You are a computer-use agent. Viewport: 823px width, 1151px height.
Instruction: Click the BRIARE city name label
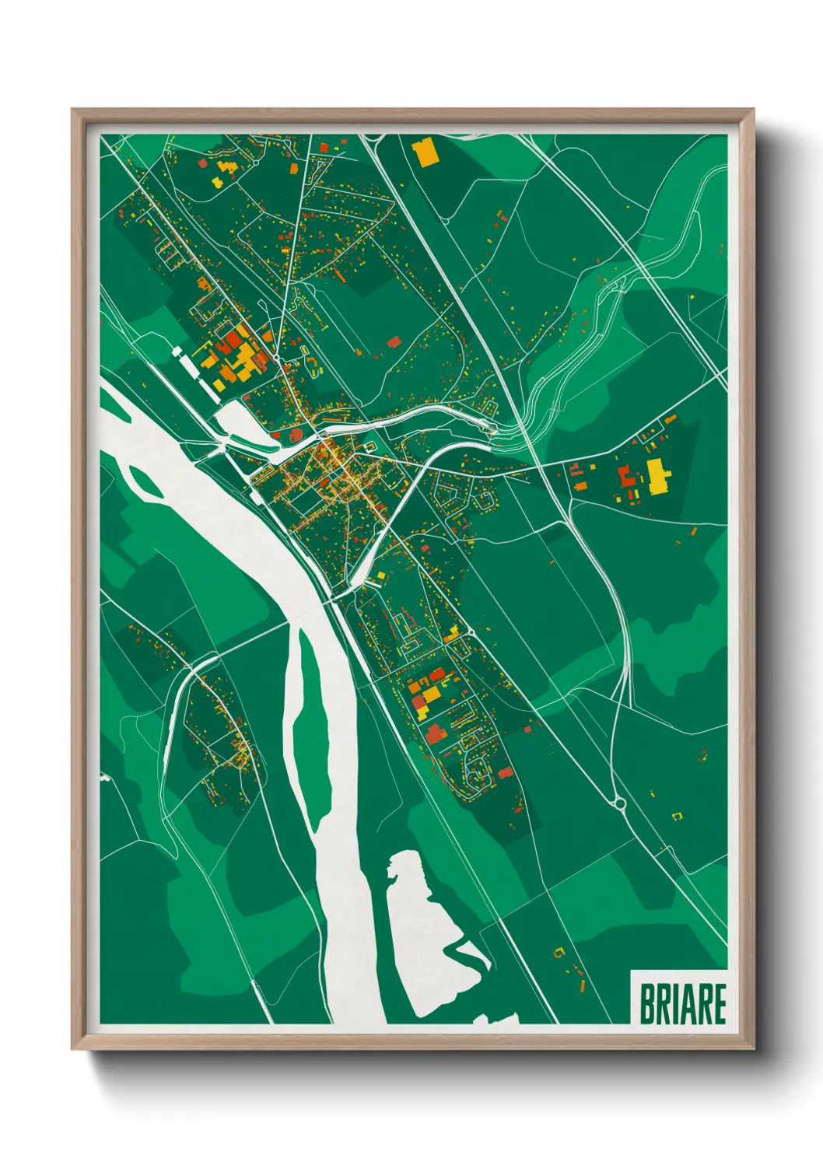click(x=682, y=1003)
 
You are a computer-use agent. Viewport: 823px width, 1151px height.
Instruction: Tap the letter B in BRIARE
click(x=646, y=1003)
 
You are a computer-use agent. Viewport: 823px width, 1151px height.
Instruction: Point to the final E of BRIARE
click(x=719, y=1003)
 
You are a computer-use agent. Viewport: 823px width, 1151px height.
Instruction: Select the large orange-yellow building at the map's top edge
click(x=426, y=152)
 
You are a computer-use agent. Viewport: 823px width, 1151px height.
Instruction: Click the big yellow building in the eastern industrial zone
click(x=658, y=476)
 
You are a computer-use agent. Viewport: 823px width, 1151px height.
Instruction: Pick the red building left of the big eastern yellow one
click(x=625, y=475)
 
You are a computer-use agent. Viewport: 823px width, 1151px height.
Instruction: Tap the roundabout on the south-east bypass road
click(x=620, y=803)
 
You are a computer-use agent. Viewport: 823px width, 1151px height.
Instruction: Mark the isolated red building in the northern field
click(x=393, y=341)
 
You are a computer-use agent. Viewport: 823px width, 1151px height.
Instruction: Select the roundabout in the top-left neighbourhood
click(x=254, y=163)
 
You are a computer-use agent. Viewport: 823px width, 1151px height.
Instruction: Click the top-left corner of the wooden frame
click(x=73, y=110)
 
